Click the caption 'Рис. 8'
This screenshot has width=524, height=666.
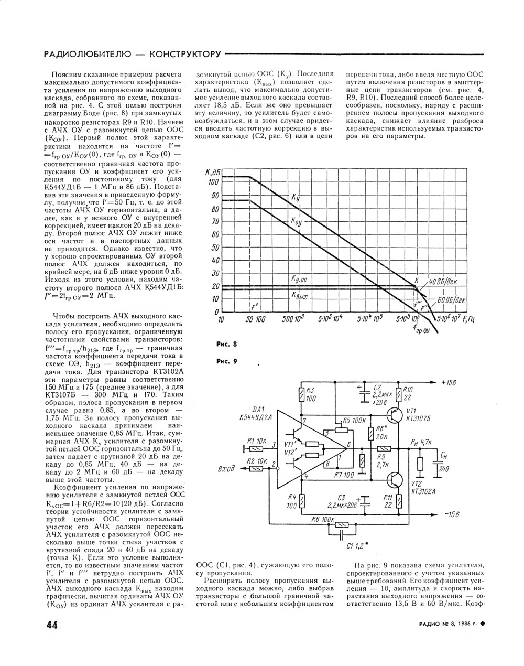tap(226, 345)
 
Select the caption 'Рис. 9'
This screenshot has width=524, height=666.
tap(226, 361)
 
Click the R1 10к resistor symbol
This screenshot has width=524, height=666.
tap(257, 448)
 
